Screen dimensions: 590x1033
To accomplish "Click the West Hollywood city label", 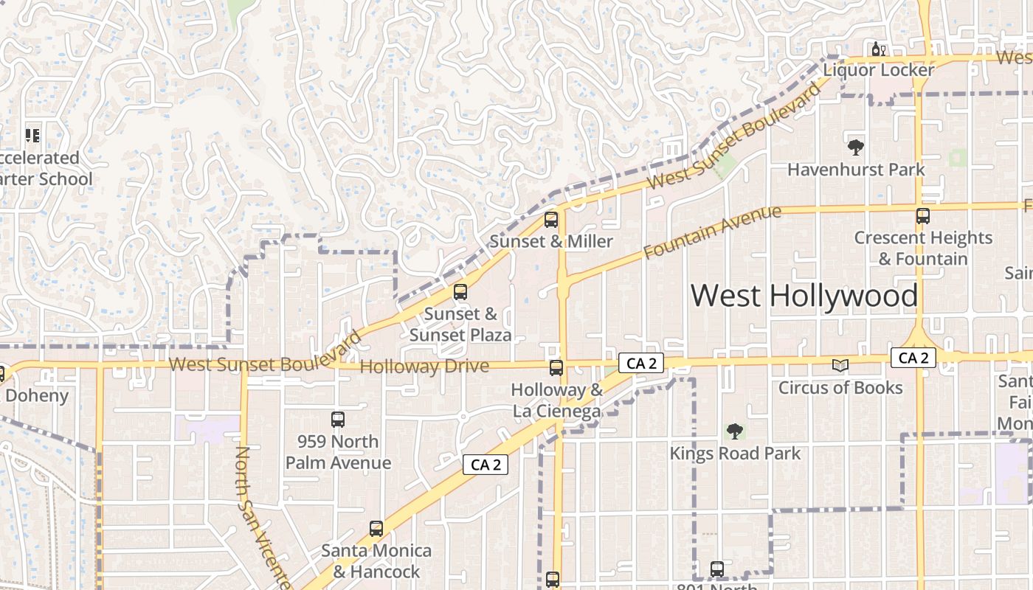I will [x=804, y=296].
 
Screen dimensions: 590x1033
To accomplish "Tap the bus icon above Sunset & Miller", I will [x=551, y=219].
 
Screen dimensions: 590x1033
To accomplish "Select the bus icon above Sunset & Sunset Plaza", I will [x=460, y=292].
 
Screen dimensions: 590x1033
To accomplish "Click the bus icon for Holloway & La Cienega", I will [x=556, y=367].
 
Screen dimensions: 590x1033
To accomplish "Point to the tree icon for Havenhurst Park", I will [x=856, y=147].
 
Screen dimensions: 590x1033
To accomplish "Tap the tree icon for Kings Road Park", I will [x=734, y=431].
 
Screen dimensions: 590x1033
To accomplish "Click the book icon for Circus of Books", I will [x=840, y=365].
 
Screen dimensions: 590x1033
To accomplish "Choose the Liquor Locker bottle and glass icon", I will [x=878, y=49].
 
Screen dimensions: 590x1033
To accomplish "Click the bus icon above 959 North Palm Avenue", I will [x=338, y=420].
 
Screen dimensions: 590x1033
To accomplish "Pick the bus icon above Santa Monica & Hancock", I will [x=376, y=528].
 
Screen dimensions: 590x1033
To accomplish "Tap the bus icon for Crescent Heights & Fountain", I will [x=922, y=216].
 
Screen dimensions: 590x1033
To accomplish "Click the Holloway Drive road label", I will [x=424, y=367].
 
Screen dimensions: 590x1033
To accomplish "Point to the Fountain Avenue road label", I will [x=712, y=232].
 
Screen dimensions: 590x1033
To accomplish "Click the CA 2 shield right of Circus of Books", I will [x=913, y=358].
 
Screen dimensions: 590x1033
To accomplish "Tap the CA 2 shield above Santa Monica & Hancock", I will [x=486, y=465].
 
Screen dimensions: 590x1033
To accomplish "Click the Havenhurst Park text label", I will [x=856, y=170].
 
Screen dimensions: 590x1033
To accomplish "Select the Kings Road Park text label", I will [x=735, y=453].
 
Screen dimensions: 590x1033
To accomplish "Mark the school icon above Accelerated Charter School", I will [x=32, y=135].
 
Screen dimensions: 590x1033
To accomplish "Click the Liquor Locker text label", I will [x=879, y=70].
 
